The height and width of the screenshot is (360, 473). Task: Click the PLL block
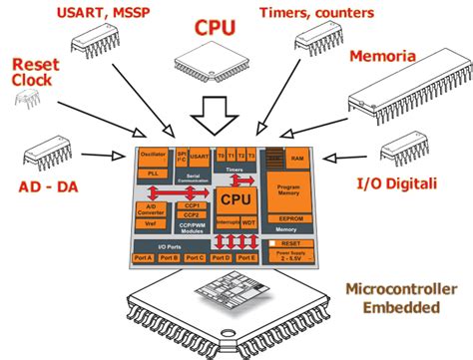[x=153, y=174]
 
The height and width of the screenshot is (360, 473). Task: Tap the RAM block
[x=295, y=158]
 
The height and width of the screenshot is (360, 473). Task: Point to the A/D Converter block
[x=152, y=209]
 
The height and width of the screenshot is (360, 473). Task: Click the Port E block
[x=247, y=257]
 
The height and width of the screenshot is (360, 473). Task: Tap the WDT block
[x=247, y=223]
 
